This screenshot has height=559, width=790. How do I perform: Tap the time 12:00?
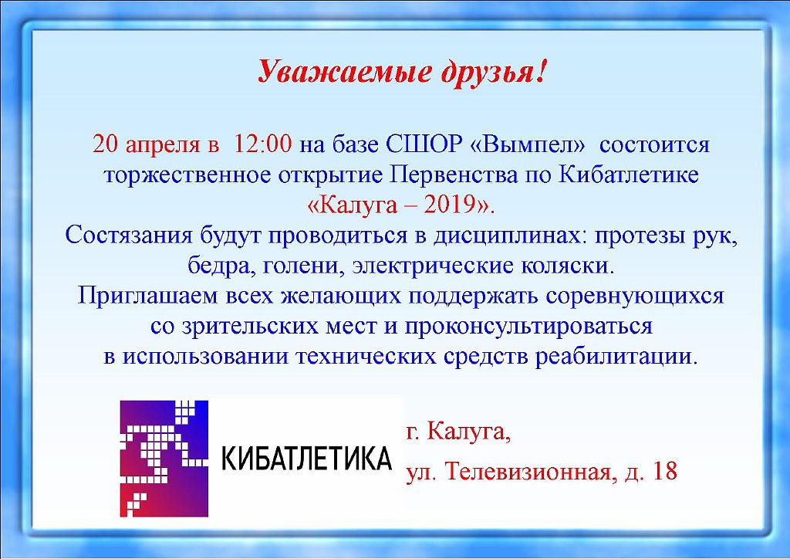(262, 144)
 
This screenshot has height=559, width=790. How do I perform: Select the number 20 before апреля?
(105, 144)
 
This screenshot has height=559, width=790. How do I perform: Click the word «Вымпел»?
(528, 144)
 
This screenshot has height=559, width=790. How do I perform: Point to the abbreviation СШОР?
(424, 144)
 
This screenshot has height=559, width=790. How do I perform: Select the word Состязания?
(129, 235)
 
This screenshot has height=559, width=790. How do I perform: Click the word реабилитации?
(616, 357)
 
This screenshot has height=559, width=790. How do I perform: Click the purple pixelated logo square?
(164, 458)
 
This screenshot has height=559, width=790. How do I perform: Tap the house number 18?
(664, 471)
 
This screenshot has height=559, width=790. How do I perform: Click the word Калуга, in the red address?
(468, 432)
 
